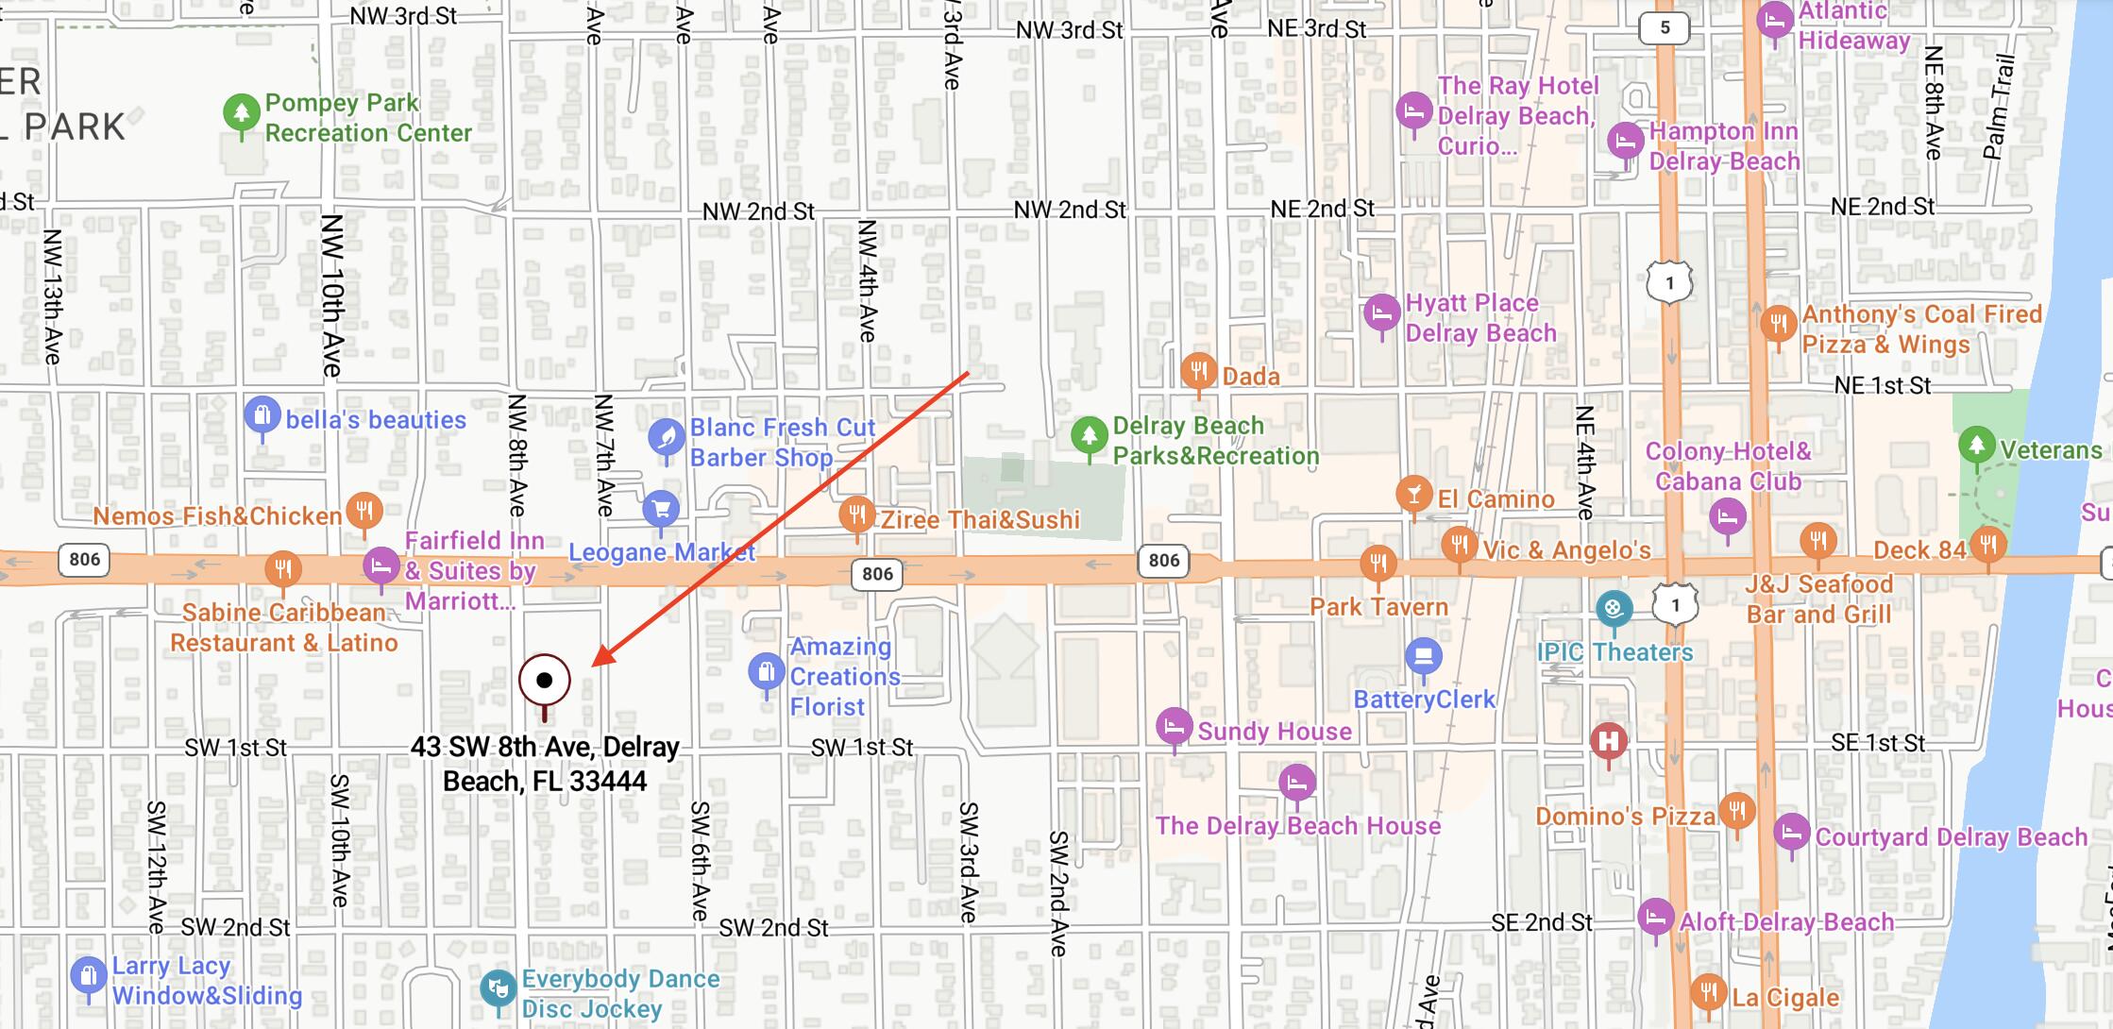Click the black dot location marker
545,680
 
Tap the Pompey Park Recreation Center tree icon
242,113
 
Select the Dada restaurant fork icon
1198,369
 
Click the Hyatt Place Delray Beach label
1479,318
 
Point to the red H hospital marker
1609,741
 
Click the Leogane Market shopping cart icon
661,510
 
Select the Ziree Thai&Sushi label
980,520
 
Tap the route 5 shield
1665,27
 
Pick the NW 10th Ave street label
332,295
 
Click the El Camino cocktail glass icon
1413,493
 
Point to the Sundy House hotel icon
1175,726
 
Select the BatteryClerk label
1424,700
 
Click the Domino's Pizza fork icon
1736,810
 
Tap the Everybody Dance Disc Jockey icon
498,988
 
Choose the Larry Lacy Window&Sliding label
207,981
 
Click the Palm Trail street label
2000,107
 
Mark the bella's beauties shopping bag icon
262,414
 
